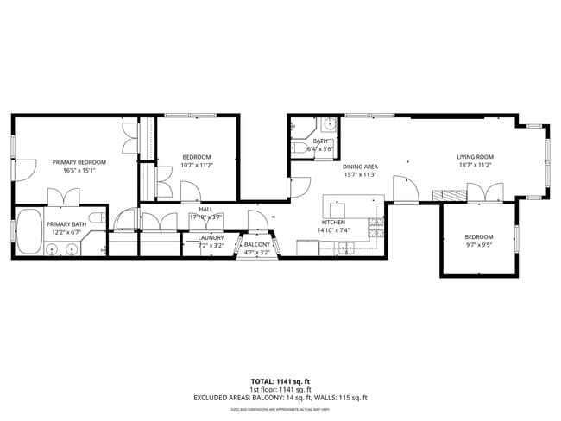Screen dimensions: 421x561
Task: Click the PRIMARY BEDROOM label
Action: pyautogui.click(x=79, y=162)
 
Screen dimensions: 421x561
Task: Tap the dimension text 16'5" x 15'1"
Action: pyautogui.click(x=79, y=171)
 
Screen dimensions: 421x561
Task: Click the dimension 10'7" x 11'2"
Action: pyautogui.click(x=196, y=165)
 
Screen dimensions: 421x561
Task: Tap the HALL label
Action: pyautogui.click(x=205, y=209)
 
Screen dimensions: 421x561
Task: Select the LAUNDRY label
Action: pyautogui.click(x=211, y=237)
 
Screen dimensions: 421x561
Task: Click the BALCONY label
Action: pyautogui.click(x=257, y=245)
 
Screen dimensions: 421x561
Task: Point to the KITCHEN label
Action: pyautogui.click(x=332, y=222)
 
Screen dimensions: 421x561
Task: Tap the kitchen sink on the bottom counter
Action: pyautogui.click(x=345, y=248)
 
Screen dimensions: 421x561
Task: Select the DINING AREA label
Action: pyautogui.click(x=360, y=167)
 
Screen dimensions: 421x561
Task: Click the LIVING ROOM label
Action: pyautogui.click(x=475, y=157)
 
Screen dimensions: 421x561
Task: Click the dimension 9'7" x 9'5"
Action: pyautogui.click(x=479, y=245)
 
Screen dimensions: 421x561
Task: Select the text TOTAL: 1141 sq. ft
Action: pyautogui.click(x=280, y=380)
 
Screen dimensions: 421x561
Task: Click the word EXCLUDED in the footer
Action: pyautogui.click(x=213, y=398)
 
